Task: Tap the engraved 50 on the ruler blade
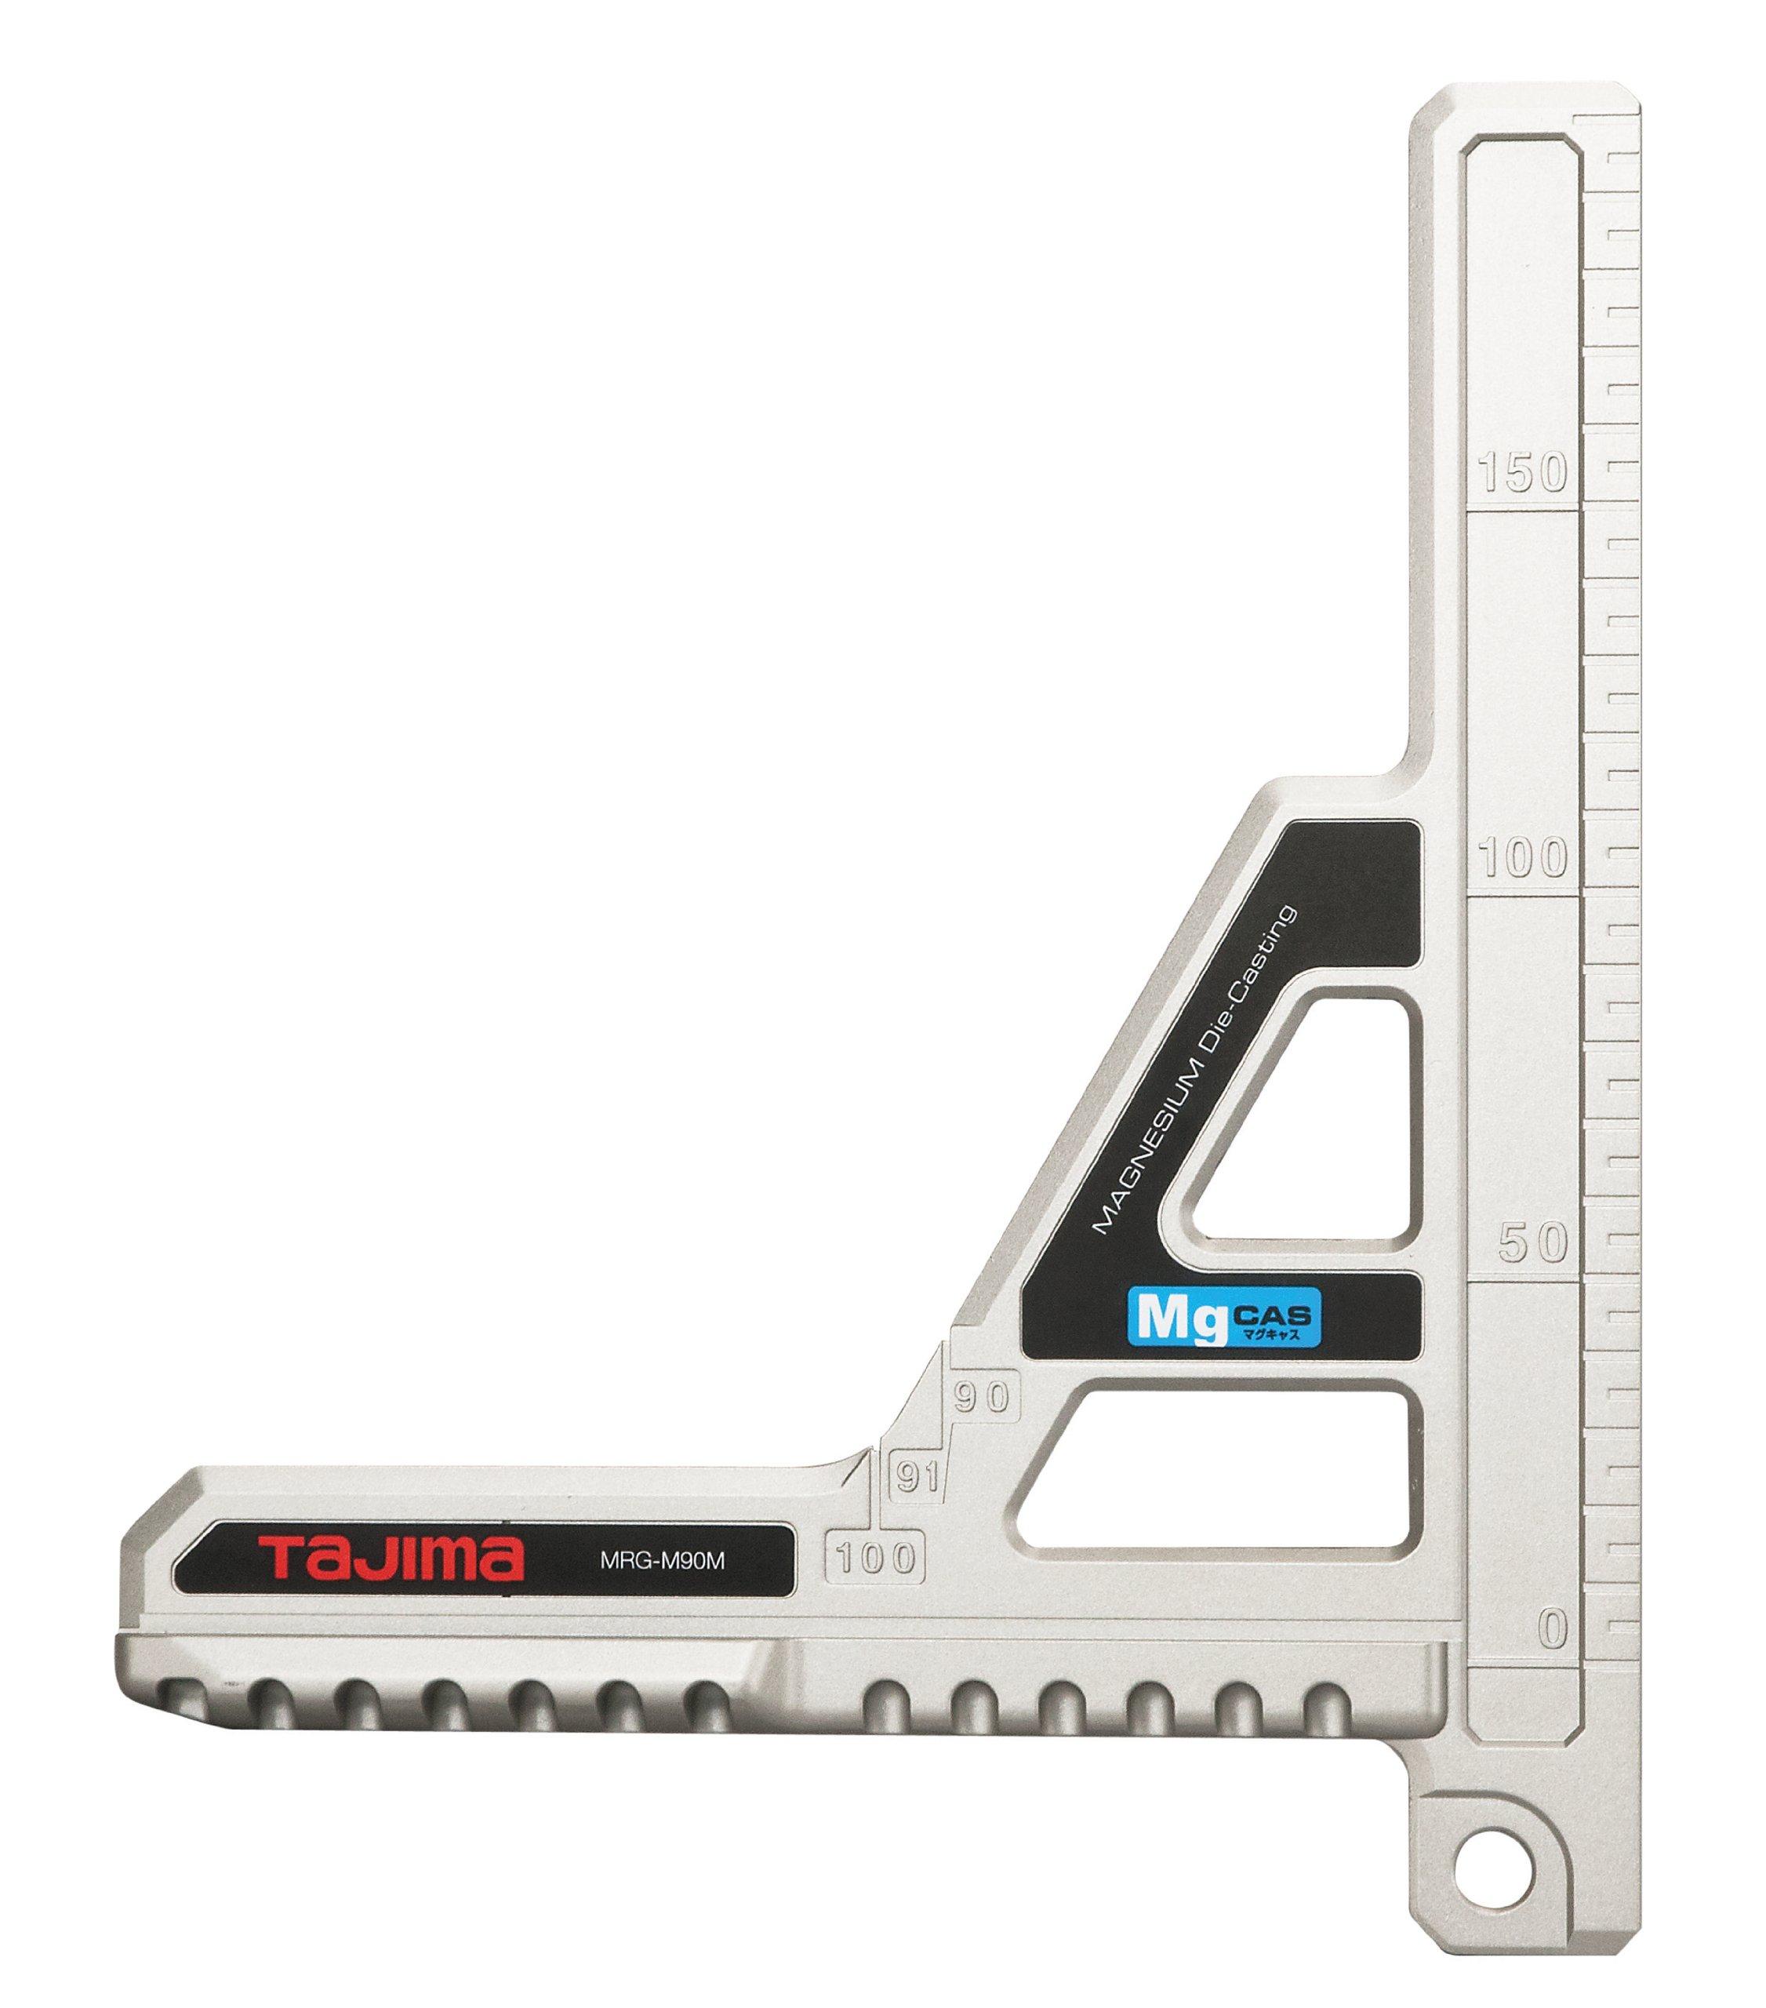click(1532, 1242)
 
